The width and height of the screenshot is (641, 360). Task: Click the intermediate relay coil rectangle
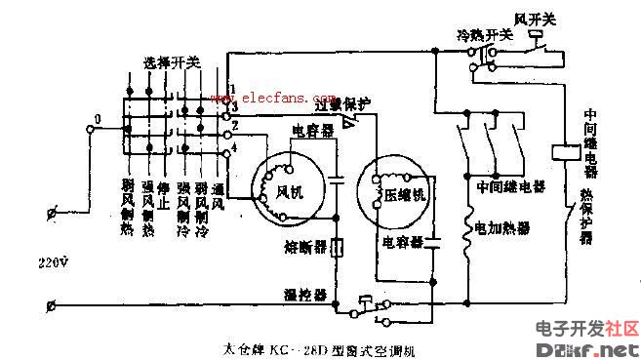tap(565, 153)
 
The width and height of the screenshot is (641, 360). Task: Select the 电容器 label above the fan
tap(313, 130)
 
